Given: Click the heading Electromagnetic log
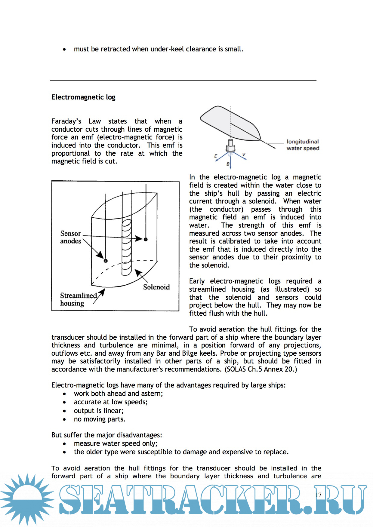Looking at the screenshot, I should coord(83,97).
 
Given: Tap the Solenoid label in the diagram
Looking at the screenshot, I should coord(156,287).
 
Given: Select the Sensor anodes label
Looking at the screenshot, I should coord(71,237).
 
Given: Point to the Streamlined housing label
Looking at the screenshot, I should coord(78,299).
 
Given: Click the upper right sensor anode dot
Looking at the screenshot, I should coord(146,239).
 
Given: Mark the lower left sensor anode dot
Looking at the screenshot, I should coord(106,261).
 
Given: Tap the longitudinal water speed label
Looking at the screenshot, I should coord(303,145).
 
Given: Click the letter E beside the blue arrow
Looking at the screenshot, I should coord(216,156).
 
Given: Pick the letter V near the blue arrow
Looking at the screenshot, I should coord(244,155).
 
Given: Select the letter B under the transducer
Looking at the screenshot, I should coord(228,164).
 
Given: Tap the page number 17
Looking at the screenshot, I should coord(319,495).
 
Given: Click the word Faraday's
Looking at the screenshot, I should coord(66,121).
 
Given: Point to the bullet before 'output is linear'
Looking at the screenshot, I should coord(64,411).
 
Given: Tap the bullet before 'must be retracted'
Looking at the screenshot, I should coord(64,49).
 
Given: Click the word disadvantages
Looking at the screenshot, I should coord(139,435).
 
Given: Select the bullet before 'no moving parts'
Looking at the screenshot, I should coord(64,419).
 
